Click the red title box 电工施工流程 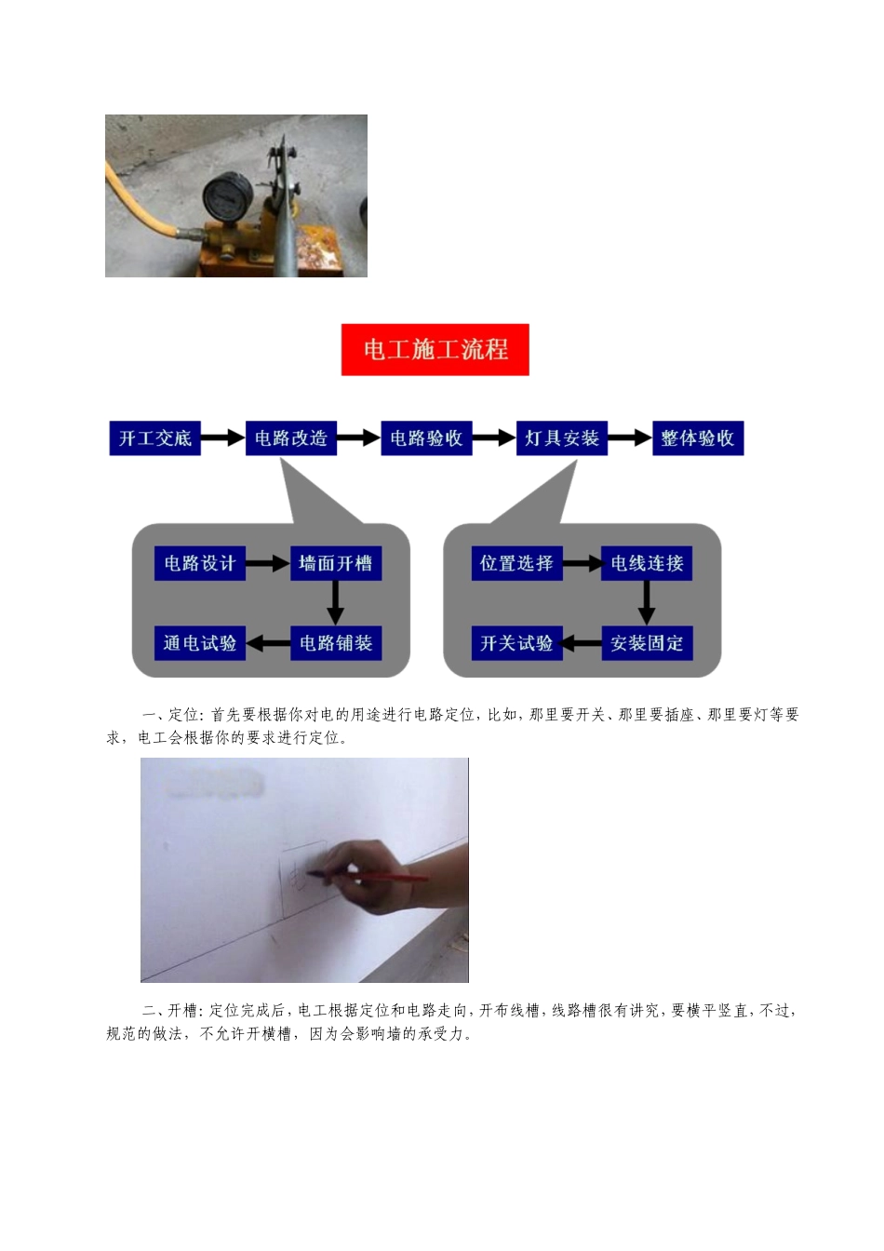click(x=435, y=350)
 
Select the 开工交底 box click(x=154, y=438)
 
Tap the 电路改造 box click(x=290, y=438)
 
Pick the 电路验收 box click(x=426, y=438)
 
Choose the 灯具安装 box click(x=561, y=438)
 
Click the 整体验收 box click(x=697, y=438)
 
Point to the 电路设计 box click(x=199, y=563)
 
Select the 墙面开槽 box click(x=335, y=563)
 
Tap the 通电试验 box click(x=199, y=643)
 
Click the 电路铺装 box click(x=335, y=643)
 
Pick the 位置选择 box click(x=516, y=563)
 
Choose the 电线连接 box click(x=647, y=563)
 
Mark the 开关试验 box click(x=516, y=643)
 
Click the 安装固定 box click(x=647, y=643)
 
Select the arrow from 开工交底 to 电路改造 click(x=222, y=438)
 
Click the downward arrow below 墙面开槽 click(x=335, y=603)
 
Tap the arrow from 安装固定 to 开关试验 click(x=582, y=643)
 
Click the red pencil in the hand click(x=372, y=876)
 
